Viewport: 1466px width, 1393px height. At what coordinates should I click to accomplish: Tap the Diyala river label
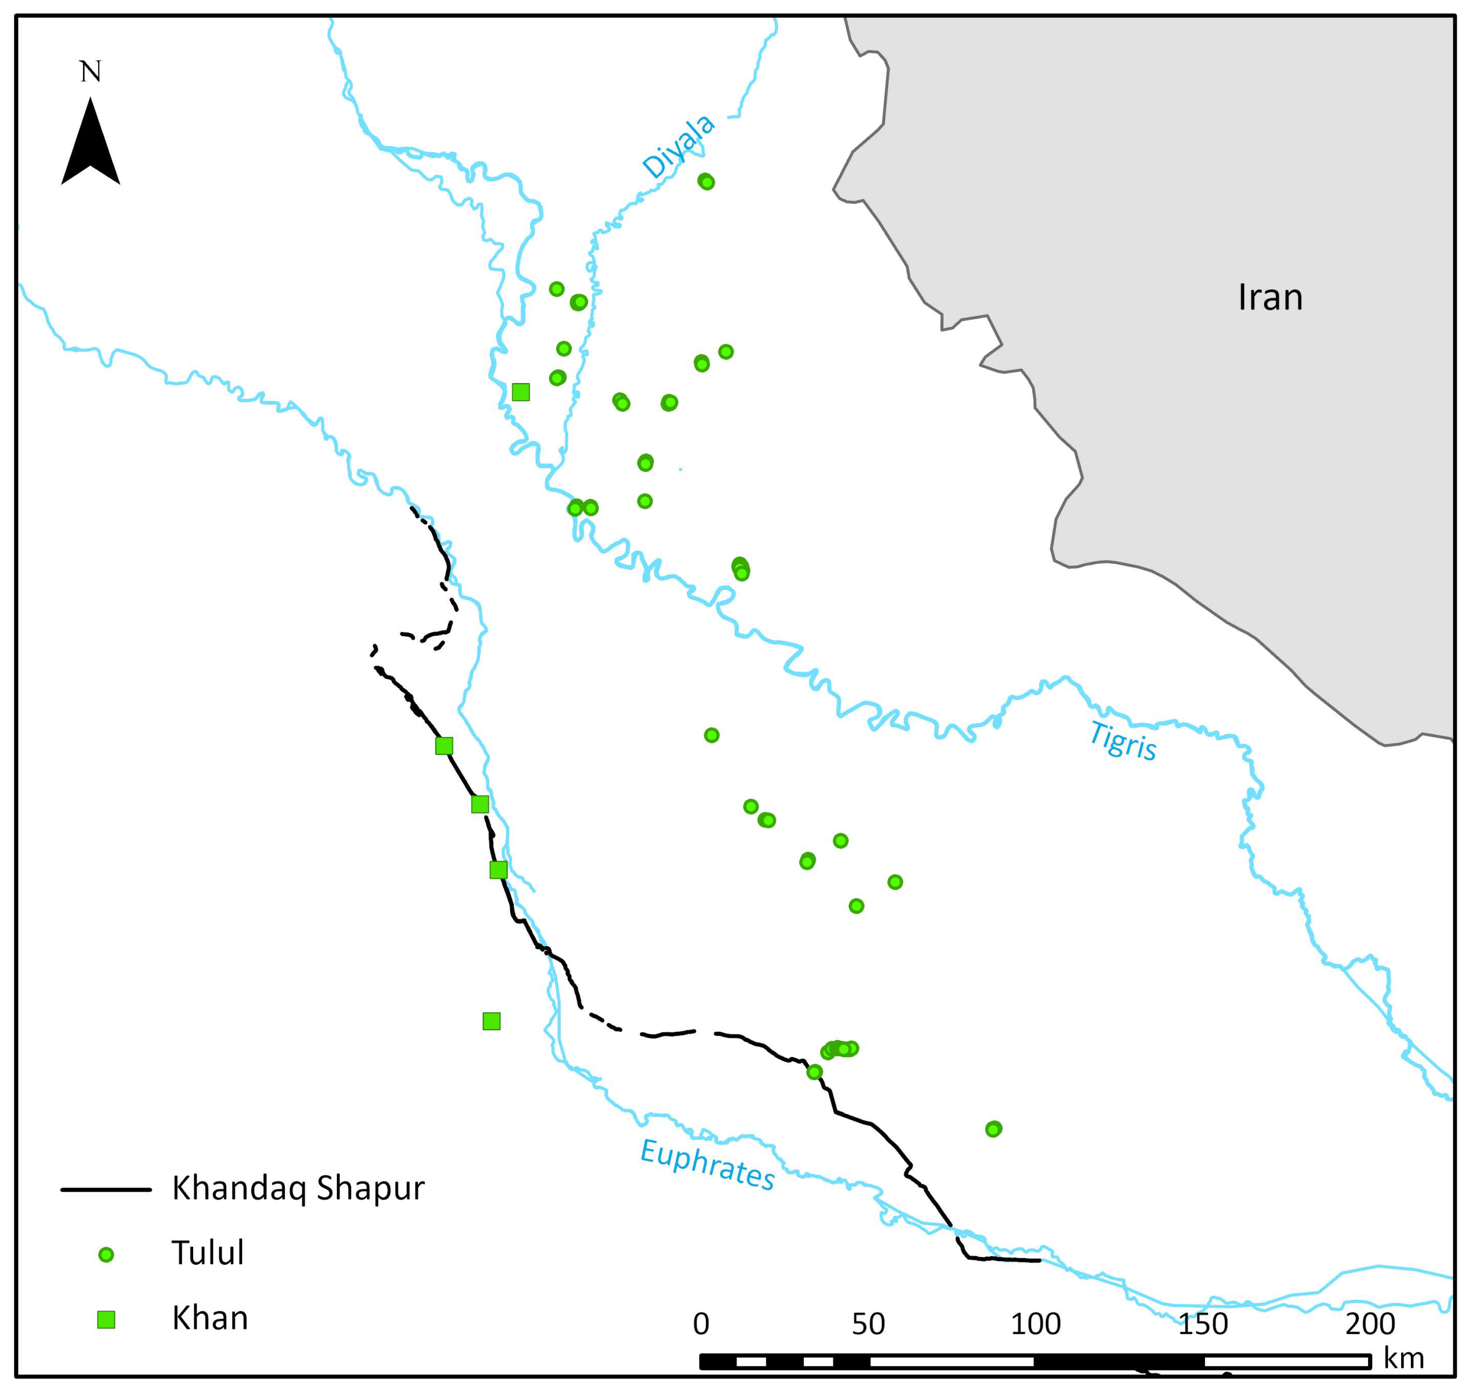tap(678, 146)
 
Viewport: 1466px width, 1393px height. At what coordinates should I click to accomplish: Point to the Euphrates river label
tap(707, 1165)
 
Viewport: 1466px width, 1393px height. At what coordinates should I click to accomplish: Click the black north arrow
tap(90, 145)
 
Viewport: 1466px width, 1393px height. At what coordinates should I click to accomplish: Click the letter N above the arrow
tap(90, 72)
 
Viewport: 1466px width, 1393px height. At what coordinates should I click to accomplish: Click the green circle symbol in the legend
tap(106, 1255)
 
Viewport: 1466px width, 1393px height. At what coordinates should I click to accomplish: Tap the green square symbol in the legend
tap(106, 1319)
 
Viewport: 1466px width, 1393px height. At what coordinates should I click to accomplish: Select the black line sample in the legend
tap(106, 1190)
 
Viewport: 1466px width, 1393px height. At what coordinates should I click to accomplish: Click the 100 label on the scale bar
tap(1036, 1324)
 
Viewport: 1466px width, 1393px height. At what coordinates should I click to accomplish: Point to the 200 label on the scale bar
tap(1370, 1324)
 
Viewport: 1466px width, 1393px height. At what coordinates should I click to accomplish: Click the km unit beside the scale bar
tap(1404, 1359)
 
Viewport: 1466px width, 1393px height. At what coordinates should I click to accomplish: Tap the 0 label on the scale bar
tap(701, 1324)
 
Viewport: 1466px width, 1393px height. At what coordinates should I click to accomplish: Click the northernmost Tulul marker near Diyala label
tap(706, 181)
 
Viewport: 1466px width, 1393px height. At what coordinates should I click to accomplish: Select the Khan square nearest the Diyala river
tap(520, 392)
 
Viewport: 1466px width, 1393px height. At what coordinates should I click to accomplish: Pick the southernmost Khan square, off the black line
tap(492, 1021)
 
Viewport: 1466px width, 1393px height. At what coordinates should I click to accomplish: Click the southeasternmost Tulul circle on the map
tap(993, 1129)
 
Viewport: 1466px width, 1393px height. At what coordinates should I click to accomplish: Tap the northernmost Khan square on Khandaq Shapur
tap(444, 745)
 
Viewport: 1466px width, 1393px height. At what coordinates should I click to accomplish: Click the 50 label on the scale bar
tap(868, 1324)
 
